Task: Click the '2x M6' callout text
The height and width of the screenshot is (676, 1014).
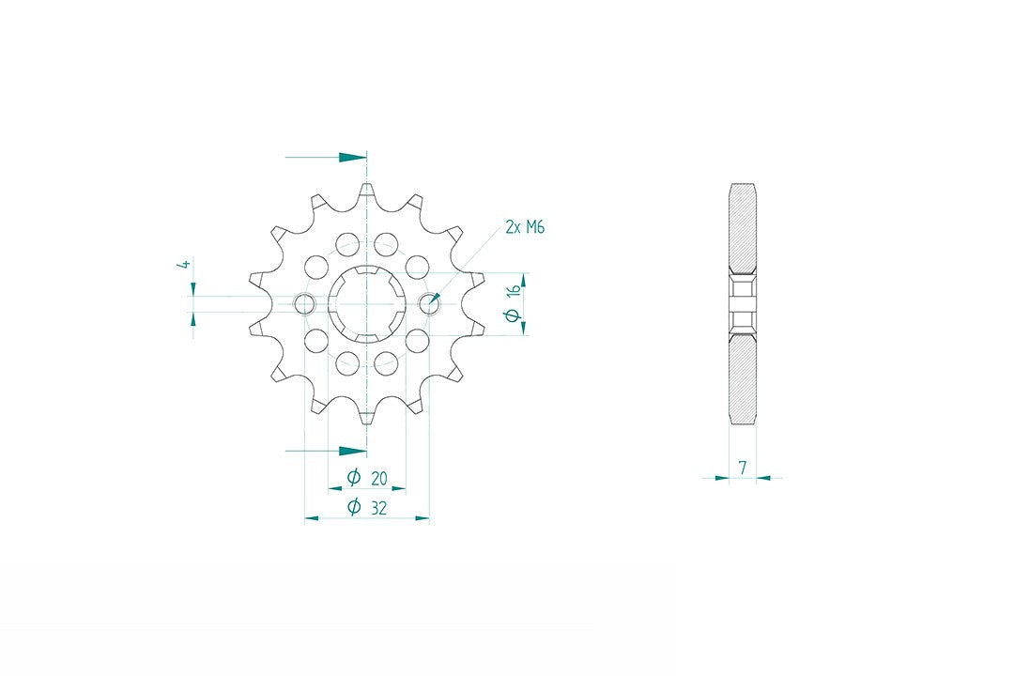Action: [525, 227]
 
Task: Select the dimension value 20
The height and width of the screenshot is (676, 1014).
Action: [379, 479]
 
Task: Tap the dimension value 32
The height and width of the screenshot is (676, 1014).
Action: [379, 508]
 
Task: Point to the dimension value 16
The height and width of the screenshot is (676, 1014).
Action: [514, 289]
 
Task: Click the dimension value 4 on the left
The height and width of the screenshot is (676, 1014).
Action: [186, 265]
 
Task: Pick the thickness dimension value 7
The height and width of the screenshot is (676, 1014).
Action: [743, 467]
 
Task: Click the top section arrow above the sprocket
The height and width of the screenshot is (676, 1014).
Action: [326, 157]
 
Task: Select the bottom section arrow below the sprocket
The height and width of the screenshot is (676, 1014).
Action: [326, 451]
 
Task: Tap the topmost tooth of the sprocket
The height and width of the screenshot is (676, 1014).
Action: [367, 192]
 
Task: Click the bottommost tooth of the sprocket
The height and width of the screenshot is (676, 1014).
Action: [367, 415]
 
